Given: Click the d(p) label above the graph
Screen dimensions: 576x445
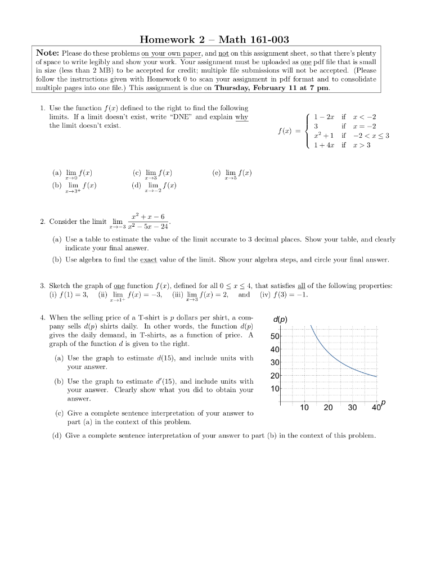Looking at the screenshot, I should [x=280, y=319].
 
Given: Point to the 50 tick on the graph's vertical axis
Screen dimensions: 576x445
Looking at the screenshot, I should [x=275, y=336].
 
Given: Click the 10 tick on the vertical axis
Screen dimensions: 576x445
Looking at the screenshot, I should [x=275, y=389].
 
